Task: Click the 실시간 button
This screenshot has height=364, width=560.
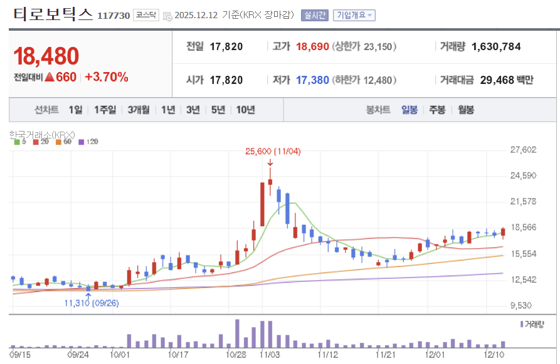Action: pyautogui.click(x=314, y=15)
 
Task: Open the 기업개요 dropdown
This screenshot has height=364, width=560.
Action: pyautogui.click(x=354, y=15)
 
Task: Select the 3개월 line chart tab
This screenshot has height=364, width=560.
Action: pyautogui.click(x=138, y=110)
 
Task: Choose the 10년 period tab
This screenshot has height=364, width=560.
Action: pyautogui.click(x=245, y=110)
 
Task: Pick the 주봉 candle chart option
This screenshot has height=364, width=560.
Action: pyautogui.click(x=437, y=110)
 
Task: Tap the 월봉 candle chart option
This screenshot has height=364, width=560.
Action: pyautogui.click(x=466, y=110)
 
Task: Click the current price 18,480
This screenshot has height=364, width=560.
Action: pyautogui.click(x=46, y=56)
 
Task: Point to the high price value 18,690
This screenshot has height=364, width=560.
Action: pyautogui.click(x=312, y=46)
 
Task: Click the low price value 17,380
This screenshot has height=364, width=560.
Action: pyautogui.click(x=312, y=80)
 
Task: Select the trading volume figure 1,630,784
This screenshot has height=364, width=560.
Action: pyautogui.click(x=495, y=46)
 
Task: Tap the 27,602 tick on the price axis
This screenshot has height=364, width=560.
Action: pyautogui.click(x=524, y=149)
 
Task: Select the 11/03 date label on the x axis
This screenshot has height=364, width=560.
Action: pyautogui.click(x=270, y=355)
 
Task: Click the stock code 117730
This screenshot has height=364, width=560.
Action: pyautogui.click(x=114, y=15)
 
